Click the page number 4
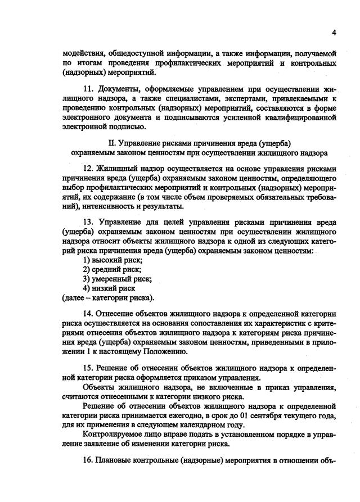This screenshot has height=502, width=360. [334, 32]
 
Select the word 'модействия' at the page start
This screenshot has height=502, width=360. [83, 53]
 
